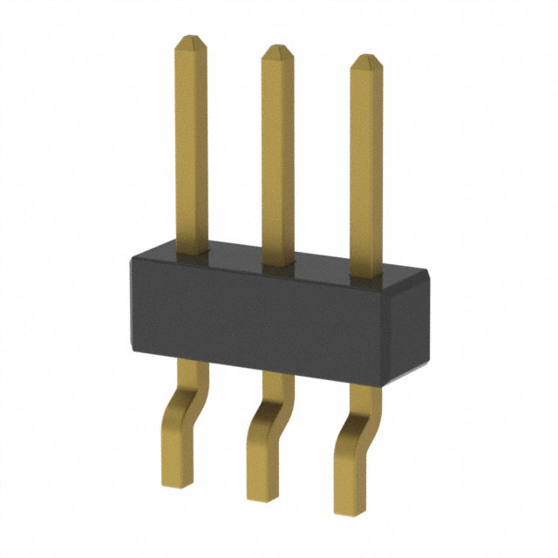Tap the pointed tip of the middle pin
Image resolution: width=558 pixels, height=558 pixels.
tap(277, 51)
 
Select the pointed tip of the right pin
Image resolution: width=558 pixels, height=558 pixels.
tap(367, 61)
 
